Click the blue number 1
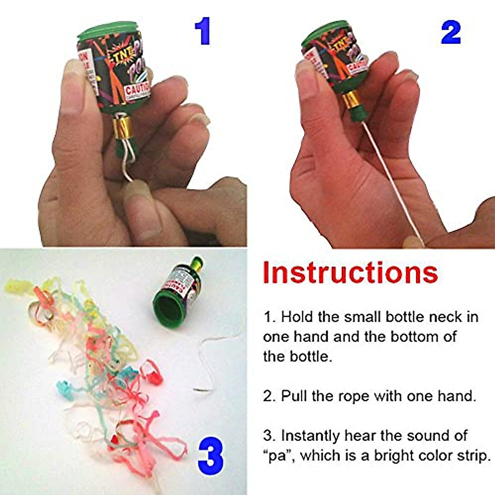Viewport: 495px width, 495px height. tap(203, 31)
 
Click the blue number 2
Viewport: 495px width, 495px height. tap(450, 32)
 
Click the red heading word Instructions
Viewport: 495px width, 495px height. tap(350, 273)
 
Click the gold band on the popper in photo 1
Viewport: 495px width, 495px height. tap(123, 125)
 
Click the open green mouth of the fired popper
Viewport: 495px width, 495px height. tap(168, 306)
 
